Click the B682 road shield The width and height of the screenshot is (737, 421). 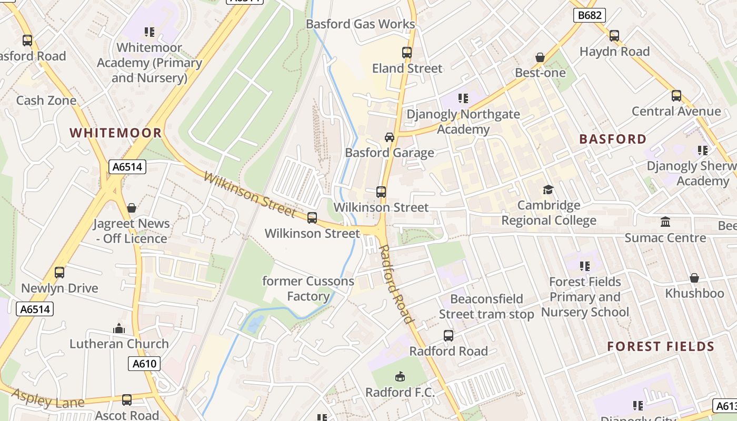[590, 15]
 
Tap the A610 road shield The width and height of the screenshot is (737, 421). [144, 364]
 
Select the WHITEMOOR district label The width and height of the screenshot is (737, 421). [116, 133]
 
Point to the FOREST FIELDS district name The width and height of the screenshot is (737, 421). [661, 346]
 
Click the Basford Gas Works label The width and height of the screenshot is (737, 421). [360, 24]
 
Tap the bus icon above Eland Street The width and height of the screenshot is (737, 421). [407, 53]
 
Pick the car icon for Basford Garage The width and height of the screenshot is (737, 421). [390, 137]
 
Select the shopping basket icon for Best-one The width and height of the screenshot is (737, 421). [540, 57]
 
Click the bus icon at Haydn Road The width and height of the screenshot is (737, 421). [614, 36]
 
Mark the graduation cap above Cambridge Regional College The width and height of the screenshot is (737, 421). [549, 189]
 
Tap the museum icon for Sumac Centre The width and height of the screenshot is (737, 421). [665, 222]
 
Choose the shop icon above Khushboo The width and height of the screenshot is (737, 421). [694, 278]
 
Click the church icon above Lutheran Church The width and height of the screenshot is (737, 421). [119, 328]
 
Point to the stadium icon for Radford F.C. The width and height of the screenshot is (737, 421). [400, 377]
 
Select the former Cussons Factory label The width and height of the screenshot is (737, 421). [308, 288]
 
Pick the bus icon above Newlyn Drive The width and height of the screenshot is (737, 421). [59, 273]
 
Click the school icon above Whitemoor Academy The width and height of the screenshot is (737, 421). [150, 32]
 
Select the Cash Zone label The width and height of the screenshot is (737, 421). [46, 101]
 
